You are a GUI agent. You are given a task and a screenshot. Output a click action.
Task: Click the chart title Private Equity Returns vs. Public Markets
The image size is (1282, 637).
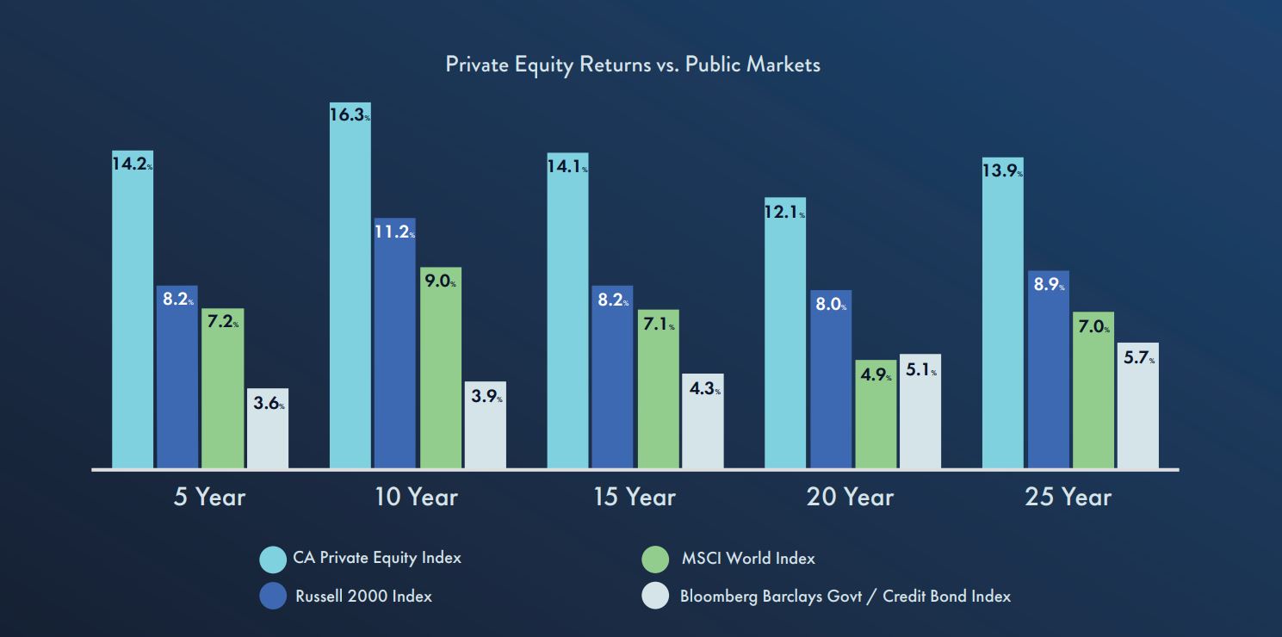coord(633,65)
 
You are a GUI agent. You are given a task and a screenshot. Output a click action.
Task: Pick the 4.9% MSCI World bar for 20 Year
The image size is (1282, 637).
coord(876,414)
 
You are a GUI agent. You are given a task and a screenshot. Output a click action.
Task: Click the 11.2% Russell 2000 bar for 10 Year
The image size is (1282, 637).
coord(394,343)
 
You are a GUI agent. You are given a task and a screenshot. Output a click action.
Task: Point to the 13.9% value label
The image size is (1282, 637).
coord(1002,170)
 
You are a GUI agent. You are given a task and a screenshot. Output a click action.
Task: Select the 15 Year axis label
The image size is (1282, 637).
coord(635,497)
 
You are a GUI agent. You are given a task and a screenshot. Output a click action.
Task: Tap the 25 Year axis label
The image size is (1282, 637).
coord(1068,497)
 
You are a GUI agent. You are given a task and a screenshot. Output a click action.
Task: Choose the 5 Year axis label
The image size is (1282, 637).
coord(209,497)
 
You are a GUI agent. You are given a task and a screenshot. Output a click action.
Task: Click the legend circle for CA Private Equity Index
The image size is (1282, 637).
coord(273,560)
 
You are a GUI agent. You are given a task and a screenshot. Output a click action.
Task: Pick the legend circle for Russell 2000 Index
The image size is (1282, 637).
coord(273,596)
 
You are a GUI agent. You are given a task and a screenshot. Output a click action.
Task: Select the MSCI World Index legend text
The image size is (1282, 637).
coord(747,559)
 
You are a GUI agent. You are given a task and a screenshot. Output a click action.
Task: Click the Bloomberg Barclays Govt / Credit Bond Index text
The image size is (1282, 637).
coord(845,596)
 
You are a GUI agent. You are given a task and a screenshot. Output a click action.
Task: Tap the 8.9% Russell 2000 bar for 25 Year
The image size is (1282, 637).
coord(1048,370)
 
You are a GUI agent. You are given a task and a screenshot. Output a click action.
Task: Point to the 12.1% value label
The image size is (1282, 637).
coord(784,211)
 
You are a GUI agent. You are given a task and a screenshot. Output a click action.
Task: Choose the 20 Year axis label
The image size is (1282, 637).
coord(850,497)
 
